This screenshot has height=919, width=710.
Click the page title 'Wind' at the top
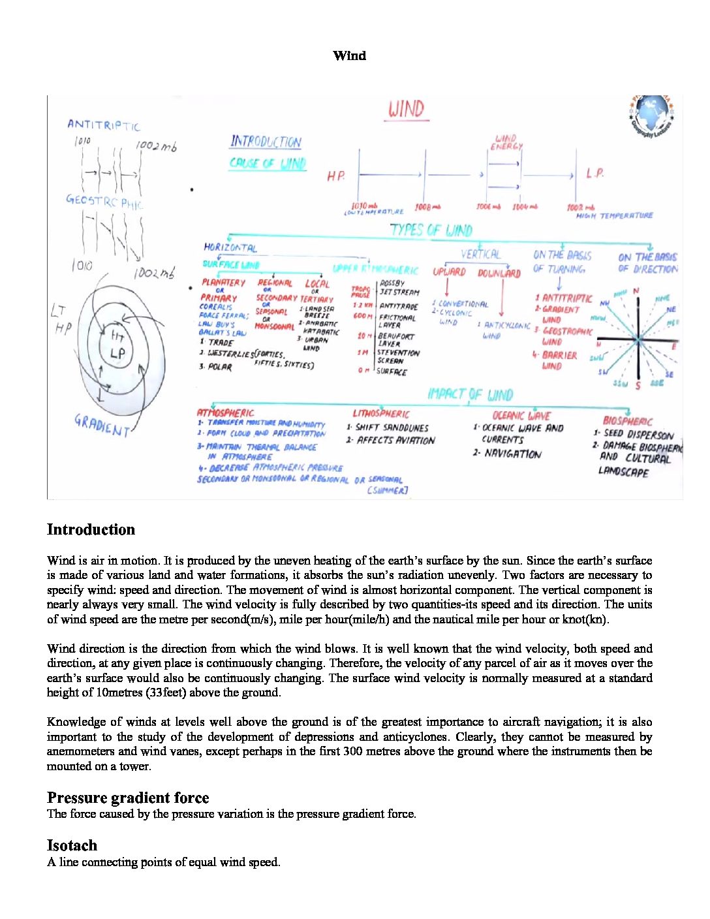349,55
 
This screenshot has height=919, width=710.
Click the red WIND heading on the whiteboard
406,109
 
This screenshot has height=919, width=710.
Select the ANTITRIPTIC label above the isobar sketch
103,125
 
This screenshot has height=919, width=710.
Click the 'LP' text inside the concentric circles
117,354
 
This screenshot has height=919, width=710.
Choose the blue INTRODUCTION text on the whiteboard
266,142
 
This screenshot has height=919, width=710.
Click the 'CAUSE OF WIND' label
268,163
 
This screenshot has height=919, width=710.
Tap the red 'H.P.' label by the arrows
336,176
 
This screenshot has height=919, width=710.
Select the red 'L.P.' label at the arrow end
594,174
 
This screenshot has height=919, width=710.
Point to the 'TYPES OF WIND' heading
431,230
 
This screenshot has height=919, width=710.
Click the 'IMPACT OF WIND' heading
470,394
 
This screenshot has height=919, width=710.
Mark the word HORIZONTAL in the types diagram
230,247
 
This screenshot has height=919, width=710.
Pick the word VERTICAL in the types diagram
480,255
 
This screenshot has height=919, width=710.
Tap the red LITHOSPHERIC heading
381,413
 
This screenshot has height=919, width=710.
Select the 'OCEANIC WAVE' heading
521,415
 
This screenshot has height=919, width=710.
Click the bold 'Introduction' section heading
91,529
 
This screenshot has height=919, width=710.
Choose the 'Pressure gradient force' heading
128,798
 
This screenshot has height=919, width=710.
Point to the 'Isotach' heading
72,845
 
